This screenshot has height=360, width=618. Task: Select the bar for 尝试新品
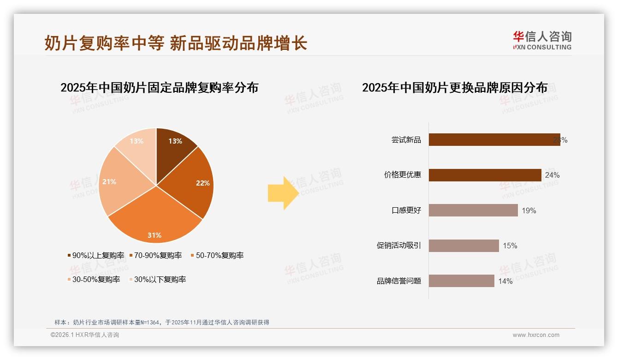click(493, 140)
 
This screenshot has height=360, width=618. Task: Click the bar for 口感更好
click(473, 210)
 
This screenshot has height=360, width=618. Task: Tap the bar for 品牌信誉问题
click(461, 281)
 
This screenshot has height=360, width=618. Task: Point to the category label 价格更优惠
click(403, 175)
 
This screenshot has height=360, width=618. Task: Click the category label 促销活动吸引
click(399, 246)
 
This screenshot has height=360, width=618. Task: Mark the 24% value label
click(552, 175)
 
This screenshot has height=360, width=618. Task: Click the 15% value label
click(510, 246)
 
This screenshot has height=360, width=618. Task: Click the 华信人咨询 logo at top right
click(542, 40)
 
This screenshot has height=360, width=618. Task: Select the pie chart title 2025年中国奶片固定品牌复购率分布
click(159, 87)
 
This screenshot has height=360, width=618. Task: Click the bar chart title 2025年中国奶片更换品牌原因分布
click(455, 87)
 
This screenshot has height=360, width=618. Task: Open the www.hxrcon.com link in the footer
click(536, 335)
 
